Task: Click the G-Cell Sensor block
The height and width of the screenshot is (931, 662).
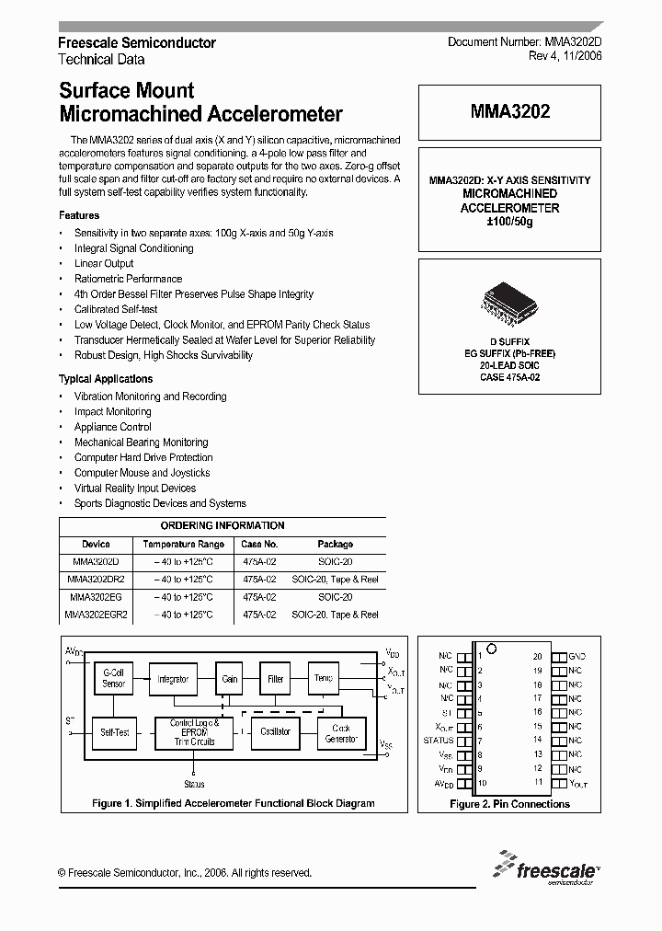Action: [113, 679]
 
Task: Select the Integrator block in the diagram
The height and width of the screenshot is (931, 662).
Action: [173, 679]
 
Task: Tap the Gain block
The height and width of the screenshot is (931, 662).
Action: [230, 679]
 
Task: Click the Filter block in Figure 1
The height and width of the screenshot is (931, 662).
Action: [276, 679]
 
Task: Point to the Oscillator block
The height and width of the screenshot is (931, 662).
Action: [275, 732]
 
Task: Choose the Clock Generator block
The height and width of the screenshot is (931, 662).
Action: [341, 733]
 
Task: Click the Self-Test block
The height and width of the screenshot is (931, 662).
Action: [114, 732]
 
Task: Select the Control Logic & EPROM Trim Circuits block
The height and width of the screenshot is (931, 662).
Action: [194, 732]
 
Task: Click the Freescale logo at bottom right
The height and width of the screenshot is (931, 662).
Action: [546, 868]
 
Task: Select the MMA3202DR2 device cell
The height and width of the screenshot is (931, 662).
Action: [96, 580]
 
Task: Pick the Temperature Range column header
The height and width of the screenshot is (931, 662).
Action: [184, 544]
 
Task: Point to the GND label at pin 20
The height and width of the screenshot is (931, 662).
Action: [576, 656]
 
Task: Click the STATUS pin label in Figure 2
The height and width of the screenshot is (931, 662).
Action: [439, 740]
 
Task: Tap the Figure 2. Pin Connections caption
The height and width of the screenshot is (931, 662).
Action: [509, 804]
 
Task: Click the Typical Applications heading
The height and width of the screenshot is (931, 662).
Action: [106, 379]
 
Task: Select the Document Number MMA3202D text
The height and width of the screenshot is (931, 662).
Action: [524, 42]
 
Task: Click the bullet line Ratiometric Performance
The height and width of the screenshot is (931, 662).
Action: [128, 279]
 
